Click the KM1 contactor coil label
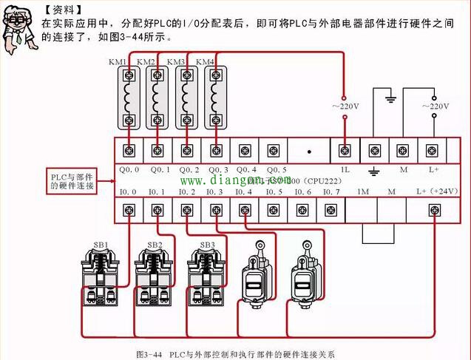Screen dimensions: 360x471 [x=118, y=63]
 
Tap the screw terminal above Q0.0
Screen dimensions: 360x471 [x=130, y=151]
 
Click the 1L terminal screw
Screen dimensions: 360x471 [x=344, y=151]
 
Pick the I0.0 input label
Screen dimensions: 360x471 [x=129, y=192]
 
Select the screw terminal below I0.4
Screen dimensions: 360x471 [x=245, y=211]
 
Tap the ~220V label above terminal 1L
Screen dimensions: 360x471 [x=344, y=107]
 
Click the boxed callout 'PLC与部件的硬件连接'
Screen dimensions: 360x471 [x=72, y=180]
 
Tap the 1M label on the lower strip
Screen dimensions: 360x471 [x=363, y=192]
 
